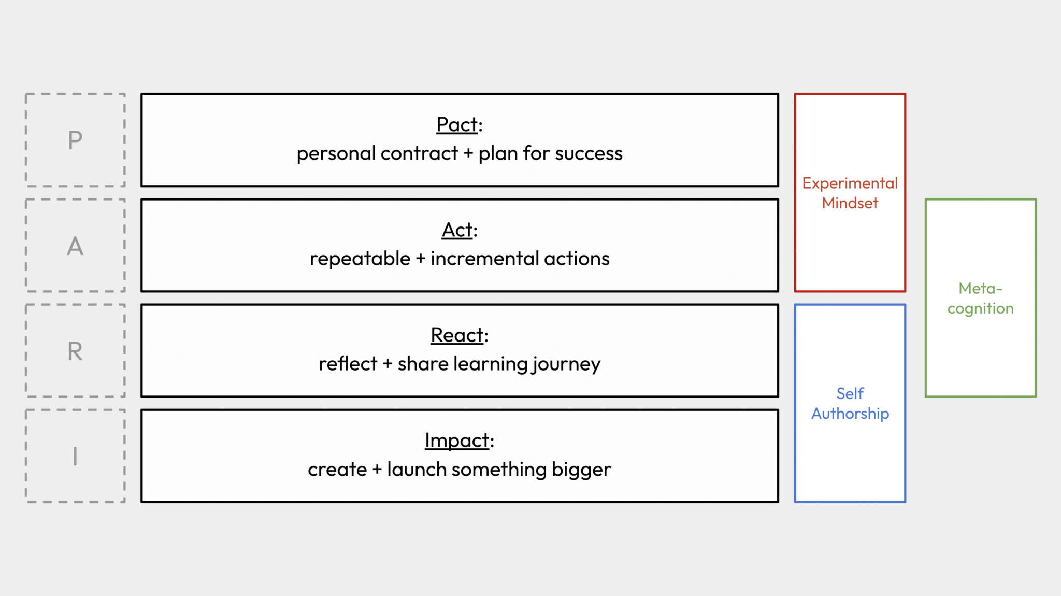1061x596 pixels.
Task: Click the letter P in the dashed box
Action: tap(75, 140)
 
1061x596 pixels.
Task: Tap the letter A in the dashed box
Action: tap(75, 246)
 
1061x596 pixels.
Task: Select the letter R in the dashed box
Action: tap(75, 351)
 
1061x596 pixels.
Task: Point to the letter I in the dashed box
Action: tap(75, 457)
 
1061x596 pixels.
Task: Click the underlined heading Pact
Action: tap(457, 125)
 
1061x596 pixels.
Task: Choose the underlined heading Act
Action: tap(457, 230)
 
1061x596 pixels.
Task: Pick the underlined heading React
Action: tap(457, 335)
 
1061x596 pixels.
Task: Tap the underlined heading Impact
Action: tap(457, 441)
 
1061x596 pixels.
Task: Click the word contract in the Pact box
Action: tap(419, 153)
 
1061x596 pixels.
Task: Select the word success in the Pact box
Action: tap(589, 153)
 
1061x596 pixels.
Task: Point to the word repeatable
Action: tap(360, 259)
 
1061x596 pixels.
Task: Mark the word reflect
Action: tap(348, 364)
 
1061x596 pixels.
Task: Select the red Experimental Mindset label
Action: tap(850, 193)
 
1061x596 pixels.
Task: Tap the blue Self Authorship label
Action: tap(850, 403)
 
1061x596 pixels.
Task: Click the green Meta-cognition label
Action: tap(980, 298)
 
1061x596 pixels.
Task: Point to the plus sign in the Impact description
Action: tap(377, 470)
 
